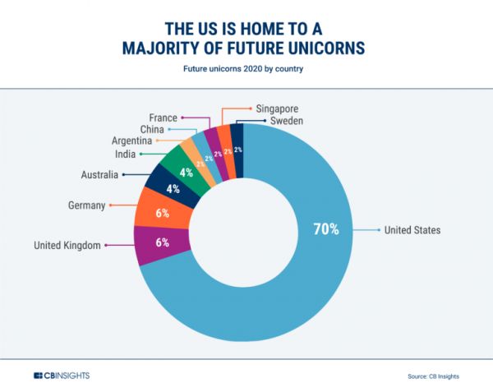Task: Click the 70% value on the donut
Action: pyautogui.click(x=325, y=229)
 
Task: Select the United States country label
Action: pyautogui.click(x=412, y=230)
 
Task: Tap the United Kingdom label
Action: pyautogui.click(x=67, y=245)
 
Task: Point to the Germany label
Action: pyautogui.click(x=85, y=205)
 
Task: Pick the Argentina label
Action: pyautogui.click(x=131, y=141)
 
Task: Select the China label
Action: pyautogui.click(x=154, y=129)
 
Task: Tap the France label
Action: pyautogui.click(x=164, y=118)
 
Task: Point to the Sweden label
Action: pyautogui.click(x=287, y=121)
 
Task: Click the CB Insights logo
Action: pyautogui.click(x=62, y=376)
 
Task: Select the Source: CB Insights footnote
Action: pyautogui.click(x=432, y=376)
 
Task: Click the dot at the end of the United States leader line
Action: pyautogui.click(x=377, y=230)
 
